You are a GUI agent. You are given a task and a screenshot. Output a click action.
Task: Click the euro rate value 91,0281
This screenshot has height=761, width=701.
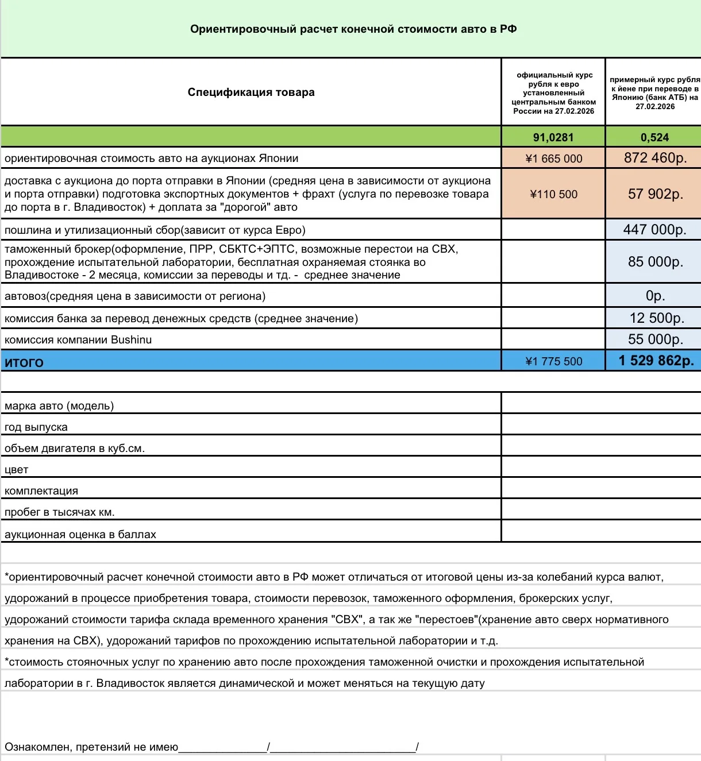point(553,137)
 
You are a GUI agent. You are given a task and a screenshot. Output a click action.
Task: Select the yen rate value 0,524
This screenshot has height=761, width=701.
point(654,137)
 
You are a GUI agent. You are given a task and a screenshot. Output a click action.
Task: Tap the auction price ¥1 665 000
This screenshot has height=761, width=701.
point(554,159)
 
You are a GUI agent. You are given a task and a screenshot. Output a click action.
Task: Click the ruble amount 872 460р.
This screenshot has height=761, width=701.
point(655,158)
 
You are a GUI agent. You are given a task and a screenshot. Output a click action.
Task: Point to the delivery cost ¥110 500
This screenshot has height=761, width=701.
point(554,194)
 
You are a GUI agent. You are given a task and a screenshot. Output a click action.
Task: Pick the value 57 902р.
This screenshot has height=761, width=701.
point(655,194)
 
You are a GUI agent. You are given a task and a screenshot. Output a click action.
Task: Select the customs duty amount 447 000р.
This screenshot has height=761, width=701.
point(654,230)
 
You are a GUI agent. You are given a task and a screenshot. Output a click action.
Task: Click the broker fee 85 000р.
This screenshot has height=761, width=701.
point(655,262)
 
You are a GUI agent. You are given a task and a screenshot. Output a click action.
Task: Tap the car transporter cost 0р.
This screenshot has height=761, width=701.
point(655,296)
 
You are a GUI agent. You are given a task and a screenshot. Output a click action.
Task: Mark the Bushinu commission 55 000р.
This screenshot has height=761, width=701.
point(655,339)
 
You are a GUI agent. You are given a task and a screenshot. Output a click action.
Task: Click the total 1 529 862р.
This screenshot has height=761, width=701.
point(656,361)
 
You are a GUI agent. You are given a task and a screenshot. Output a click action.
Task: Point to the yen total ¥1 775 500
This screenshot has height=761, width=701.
point(554,361)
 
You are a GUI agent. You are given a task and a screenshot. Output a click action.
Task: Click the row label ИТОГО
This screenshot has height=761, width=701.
point(24,362)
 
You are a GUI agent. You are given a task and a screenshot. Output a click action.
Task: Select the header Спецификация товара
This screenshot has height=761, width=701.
point(251,92)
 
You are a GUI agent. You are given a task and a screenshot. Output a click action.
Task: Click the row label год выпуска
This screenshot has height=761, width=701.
point(36,427)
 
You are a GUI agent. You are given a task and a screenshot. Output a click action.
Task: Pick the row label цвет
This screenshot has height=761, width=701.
point(17,470)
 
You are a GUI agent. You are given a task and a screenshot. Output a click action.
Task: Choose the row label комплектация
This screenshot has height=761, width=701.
point(41,491)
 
